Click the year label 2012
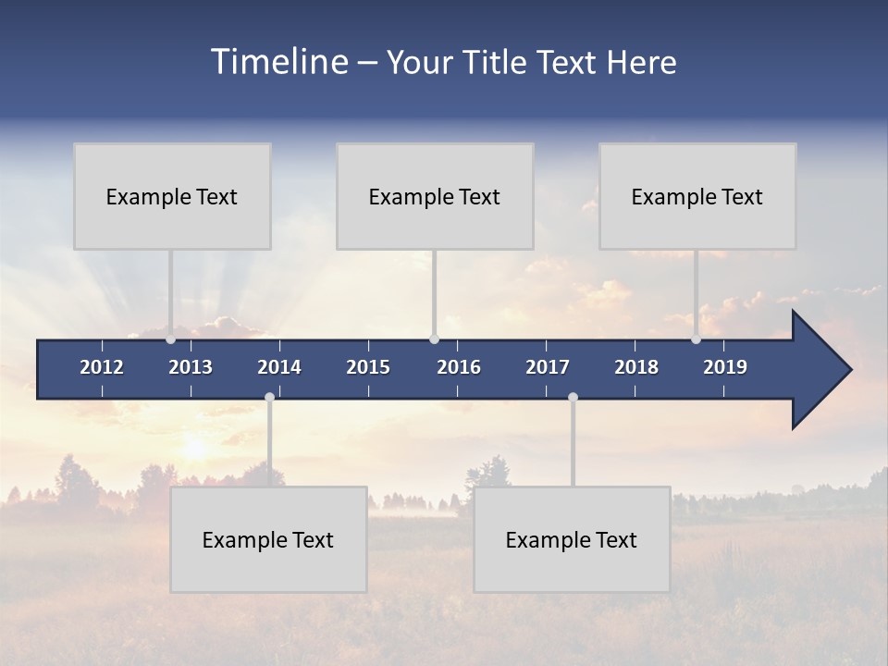tap(102, 367)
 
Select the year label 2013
tap(191, 367)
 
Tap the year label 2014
tap(279, 367)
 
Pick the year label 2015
tap(368, 367)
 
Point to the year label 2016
tap(459, 367)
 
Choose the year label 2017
tap(548, 367)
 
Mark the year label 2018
tap(636, 367)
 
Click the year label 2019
tap(725, 367)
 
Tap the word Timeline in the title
tap(278, 62)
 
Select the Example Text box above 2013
tap(172, 196)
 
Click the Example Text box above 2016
tap(435, 196)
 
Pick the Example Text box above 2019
tap(697, 196)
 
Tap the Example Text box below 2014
tap(268, 539)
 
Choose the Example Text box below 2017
tap(572, 539)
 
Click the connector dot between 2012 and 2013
tap(171, 339)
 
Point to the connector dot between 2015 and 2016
tap(435, 339)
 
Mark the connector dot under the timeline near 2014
tap(269, 397)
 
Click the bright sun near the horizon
tap(195, 449)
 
